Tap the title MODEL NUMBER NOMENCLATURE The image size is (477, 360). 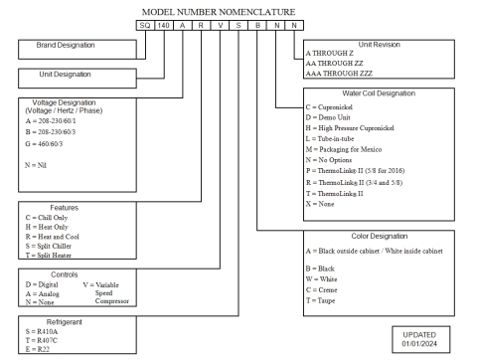238,10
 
